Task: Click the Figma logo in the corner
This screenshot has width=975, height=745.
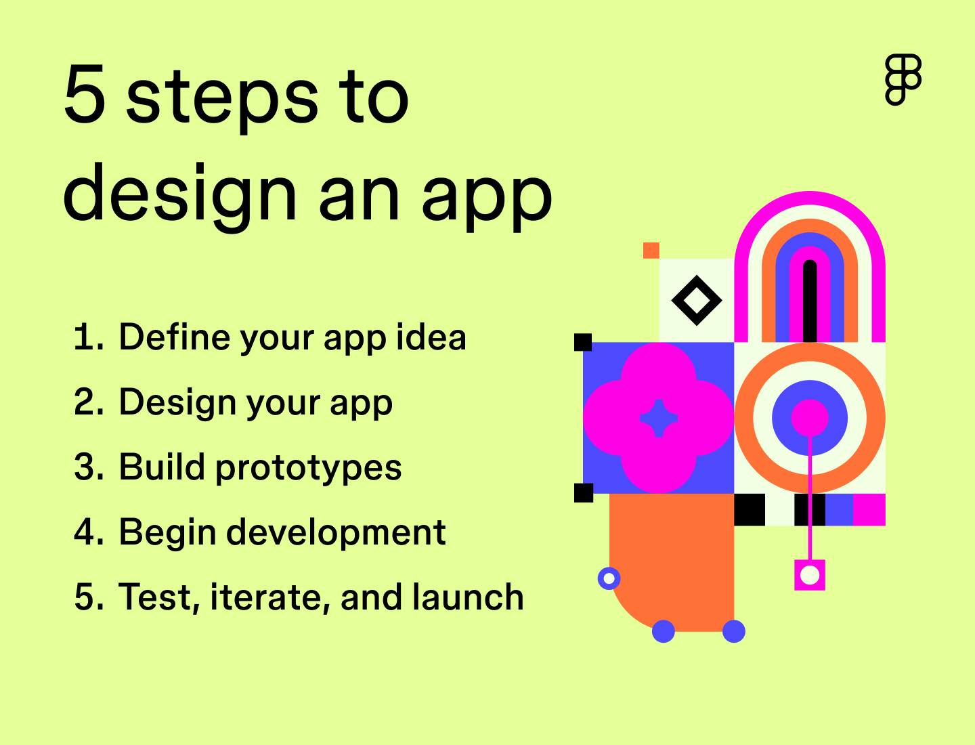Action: click(903, 79)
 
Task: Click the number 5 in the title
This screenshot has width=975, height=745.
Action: click(85, 95)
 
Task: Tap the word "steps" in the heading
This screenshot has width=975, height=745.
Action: click(222, 99)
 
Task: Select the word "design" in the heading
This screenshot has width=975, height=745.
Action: click(180, 196)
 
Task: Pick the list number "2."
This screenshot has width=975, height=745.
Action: click(89, 402)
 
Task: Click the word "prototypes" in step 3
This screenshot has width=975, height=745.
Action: click(308, 468)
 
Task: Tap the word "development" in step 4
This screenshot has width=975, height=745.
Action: click(336, 532)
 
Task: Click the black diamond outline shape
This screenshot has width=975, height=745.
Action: click(696, 300)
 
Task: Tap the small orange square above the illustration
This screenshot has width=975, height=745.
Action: click(651, 250)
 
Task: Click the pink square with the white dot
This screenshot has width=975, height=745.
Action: click(810, 575)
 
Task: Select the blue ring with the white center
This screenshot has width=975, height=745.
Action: click(609, 578)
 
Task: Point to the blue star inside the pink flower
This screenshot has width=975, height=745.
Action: click(659, 418)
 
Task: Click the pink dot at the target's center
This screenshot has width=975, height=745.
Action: click(810, 417)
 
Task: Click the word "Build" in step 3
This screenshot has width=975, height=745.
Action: click(162, 467)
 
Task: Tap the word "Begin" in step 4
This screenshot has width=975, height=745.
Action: click(167, 532)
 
